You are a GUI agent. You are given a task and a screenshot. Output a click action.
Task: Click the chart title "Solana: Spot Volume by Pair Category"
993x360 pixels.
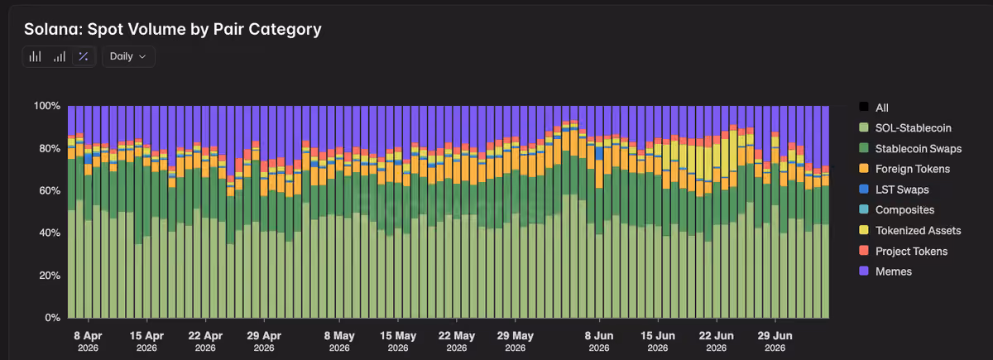coord(172,29)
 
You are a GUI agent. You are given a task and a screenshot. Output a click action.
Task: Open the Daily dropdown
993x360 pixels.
coord(128,57)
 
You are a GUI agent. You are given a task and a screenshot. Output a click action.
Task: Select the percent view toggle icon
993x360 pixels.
coord(84,57)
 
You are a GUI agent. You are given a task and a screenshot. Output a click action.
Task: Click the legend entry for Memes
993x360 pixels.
coord(885,271)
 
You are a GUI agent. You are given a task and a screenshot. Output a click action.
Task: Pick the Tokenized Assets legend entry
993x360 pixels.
coord(909,231)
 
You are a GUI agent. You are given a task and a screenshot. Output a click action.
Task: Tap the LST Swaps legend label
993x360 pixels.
coord(902,190)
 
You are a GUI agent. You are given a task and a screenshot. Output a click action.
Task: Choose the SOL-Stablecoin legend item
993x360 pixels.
coord(905,128)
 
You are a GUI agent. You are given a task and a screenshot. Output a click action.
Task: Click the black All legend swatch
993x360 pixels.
coord(864,107)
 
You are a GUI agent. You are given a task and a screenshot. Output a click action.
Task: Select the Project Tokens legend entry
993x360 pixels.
coord(903,251)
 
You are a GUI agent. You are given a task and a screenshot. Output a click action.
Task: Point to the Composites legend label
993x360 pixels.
coord(904,209)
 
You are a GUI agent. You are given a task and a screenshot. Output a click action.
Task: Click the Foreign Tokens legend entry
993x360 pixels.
coord(904,169)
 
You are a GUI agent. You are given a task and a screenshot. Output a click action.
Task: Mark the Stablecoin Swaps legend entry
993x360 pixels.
coord(910,148)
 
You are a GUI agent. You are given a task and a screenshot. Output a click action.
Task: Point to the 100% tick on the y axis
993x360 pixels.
coord(47,106)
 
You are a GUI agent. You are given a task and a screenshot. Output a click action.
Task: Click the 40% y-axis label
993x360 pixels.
coord(50,233)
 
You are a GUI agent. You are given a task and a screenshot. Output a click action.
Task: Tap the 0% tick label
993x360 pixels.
coord(52,318)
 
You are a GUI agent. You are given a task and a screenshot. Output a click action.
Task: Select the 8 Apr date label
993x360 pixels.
coord(88,341)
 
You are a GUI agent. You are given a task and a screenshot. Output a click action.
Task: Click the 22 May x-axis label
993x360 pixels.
coord(457,341)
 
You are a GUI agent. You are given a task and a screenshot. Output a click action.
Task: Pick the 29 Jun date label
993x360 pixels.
coord(775,341)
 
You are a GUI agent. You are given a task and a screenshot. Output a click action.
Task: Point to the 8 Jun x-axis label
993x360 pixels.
coord(599,341)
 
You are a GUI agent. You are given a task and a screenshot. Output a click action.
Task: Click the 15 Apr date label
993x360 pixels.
coord(146,341)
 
